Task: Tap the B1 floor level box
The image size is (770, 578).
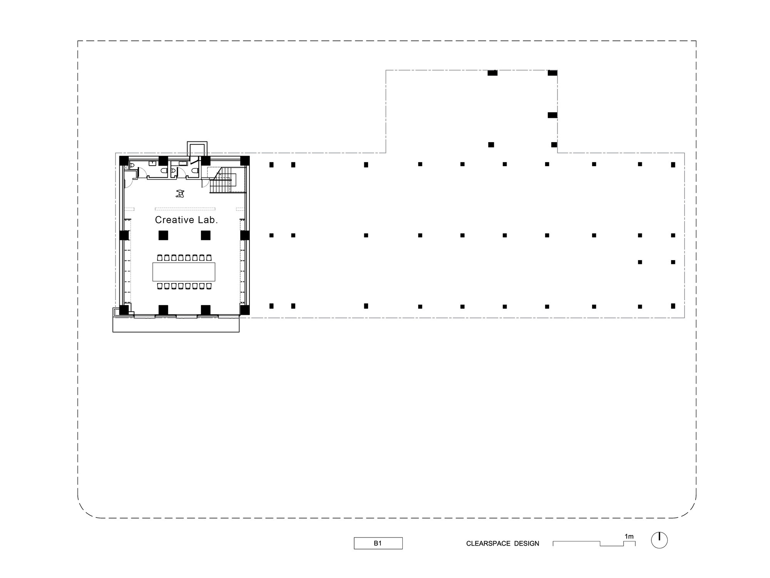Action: coord(378,543)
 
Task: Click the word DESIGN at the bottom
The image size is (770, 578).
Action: coord(527,544)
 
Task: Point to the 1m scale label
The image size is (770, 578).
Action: coord(629,536)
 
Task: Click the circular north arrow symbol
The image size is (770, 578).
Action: coord(659,540)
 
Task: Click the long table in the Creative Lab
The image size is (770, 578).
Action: coord(184,272)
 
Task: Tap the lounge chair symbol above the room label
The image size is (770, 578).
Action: coord(179,194)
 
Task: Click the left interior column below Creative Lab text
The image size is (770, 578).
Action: coord(163,235)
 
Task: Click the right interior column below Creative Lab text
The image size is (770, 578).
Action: coord(206,235)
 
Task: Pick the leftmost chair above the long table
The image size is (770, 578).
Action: coord(160,257)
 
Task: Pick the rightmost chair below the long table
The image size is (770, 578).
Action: coord(209,286)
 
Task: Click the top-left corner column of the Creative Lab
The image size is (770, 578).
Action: coord(124,161)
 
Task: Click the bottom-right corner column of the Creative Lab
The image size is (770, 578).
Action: coord(245,310)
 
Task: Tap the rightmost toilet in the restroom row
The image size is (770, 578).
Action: coord(195,170)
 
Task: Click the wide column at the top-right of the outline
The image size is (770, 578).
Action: coord(552,73)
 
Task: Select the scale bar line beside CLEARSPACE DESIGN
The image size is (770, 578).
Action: coord(594,543)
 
